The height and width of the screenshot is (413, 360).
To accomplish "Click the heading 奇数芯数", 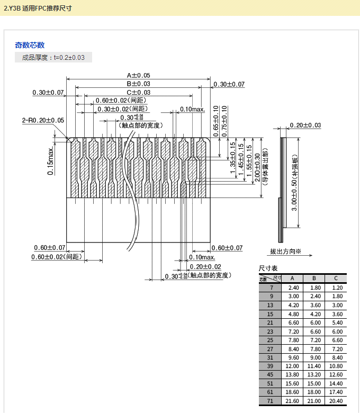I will tap(30, 45).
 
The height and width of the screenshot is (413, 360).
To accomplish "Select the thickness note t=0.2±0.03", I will tap(53, 57).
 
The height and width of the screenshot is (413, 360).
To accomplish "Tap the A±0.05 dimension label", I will tap(138, 76).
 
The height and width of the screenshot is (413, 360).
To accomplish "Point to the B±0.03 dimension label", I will tap(138, 84).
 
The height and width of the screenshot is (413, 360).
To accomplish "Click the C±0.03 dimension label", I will tap(138, 92).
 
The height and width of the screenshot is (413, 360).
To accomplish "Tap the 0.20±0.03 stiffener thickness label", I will tap(305, 125).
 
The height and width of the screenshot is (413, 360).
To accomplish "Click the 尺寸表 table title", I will tap(268, 268).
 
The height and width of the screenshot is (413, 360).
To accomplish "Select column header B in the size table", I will tap(314, 279).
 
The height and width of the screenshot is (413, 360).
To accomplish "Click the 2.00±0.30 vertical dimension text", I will tap(257, 168).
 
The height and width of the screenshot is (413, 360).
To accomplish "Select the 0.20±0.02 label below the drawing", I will tap(205, 266).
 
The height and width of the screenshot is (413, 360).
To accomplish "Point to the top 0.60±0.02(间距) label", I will tap(121, 101).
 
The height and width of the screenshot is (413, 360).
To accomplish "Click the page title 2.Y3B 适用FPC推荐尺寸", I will tap(38, 8).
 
